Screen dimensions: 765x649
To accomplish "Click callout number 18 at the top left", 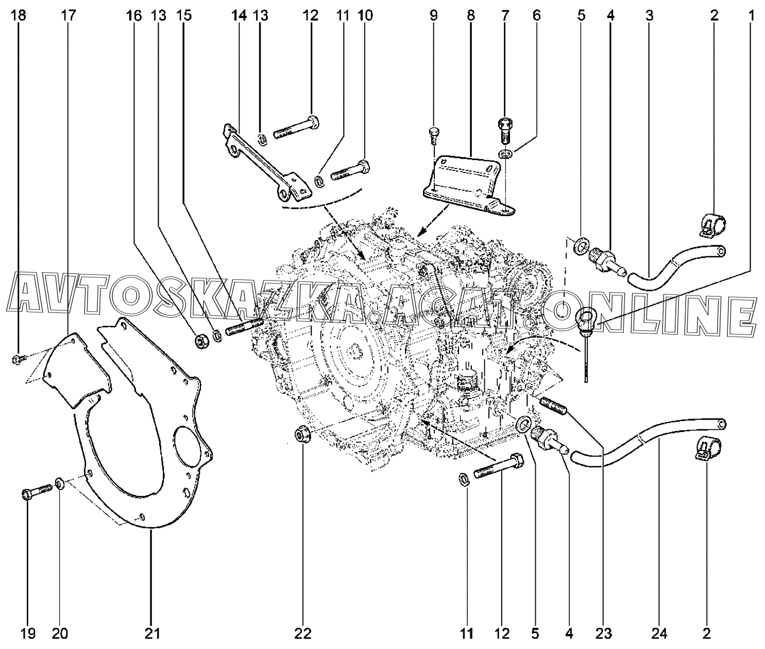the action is (x=19, y=15).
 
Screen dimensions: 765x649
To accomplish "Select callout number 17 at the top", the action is (x=68, y=15).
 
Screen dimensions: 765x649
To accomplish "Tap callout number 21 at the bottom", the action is (x=152, y=634).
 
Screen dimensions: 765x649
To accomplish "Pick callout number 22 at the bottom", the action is (x=303, y=634).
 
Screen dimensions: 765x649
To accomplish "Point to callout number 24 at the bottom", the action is (x=659, y=634).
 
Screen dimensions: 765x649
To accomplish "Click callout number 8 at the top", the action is (x=470, y=15).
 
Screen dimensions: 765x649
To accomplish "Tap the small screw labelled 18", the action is (x=18, y=358).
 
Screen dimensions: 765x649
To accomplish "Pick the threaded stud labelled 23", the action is (x=554, y=406).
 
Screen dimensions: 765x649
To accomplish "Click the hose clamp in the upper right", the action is (x=712, y=225).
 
